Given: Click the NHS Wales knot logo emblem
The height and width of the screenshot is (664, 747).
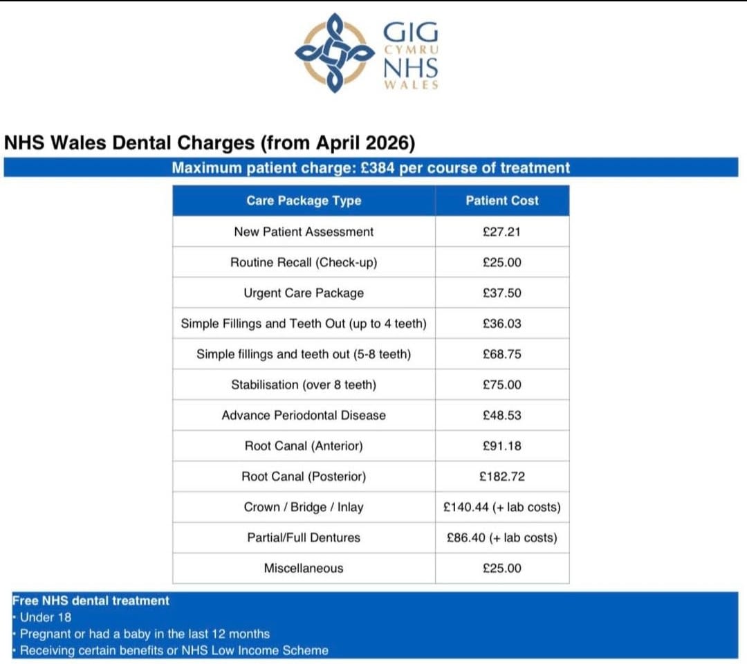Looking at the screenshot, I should [329, 52].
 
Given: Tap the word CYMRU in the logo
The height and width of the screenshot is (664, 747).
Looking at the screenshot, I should [411, 50].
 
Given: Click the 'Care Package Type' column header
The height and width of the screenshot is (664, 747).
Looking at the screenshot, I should [304, 201].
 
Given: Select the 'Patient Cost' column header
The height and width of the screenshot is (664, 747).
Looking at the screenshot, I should [502, 201].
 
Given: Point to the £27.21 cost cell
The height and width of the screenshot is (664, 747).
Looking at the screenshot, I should [502, 232].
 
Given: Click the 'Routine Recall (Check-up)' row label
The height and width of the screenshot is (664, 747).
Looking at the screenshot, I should [304, 263].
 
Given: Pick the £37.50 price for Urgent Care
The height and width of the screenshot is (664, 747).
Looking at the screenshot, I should [502, 293].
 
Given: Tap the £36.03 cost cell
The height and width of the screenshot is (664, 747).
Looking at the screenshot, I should [502, 324].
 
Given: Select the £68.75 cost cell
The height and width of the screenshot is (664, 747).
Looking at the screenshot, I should [502, 354].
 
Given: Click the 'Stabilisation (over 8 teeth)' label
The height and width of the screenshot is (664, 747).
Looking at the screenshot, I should [304, 385].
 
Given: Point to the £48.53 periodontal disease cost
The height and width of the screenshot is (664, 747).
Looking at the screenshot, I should [502, 416].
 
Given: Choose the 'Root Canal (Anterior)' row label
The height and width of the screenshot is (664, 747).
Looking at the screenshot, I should [304, 446].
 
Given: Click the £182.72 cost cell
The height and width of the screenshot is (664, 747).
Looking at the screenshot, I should [502, 477].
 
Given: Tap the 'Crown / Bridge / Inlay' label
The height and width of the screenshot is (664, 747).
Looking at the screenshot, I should [304, 507].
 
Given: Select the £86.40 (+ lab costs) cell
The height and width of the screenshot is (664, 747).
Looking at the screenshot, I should [502, 537].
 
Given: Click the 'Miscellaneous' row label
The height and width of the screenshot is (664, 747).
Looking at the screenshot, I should [304, 569].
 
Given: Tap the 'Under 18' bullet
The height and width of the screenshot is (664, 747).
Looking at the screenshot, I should [46, 617].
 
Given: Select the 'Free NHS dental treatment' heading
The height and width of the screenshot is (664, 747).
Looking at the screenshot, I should [91, 600].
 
